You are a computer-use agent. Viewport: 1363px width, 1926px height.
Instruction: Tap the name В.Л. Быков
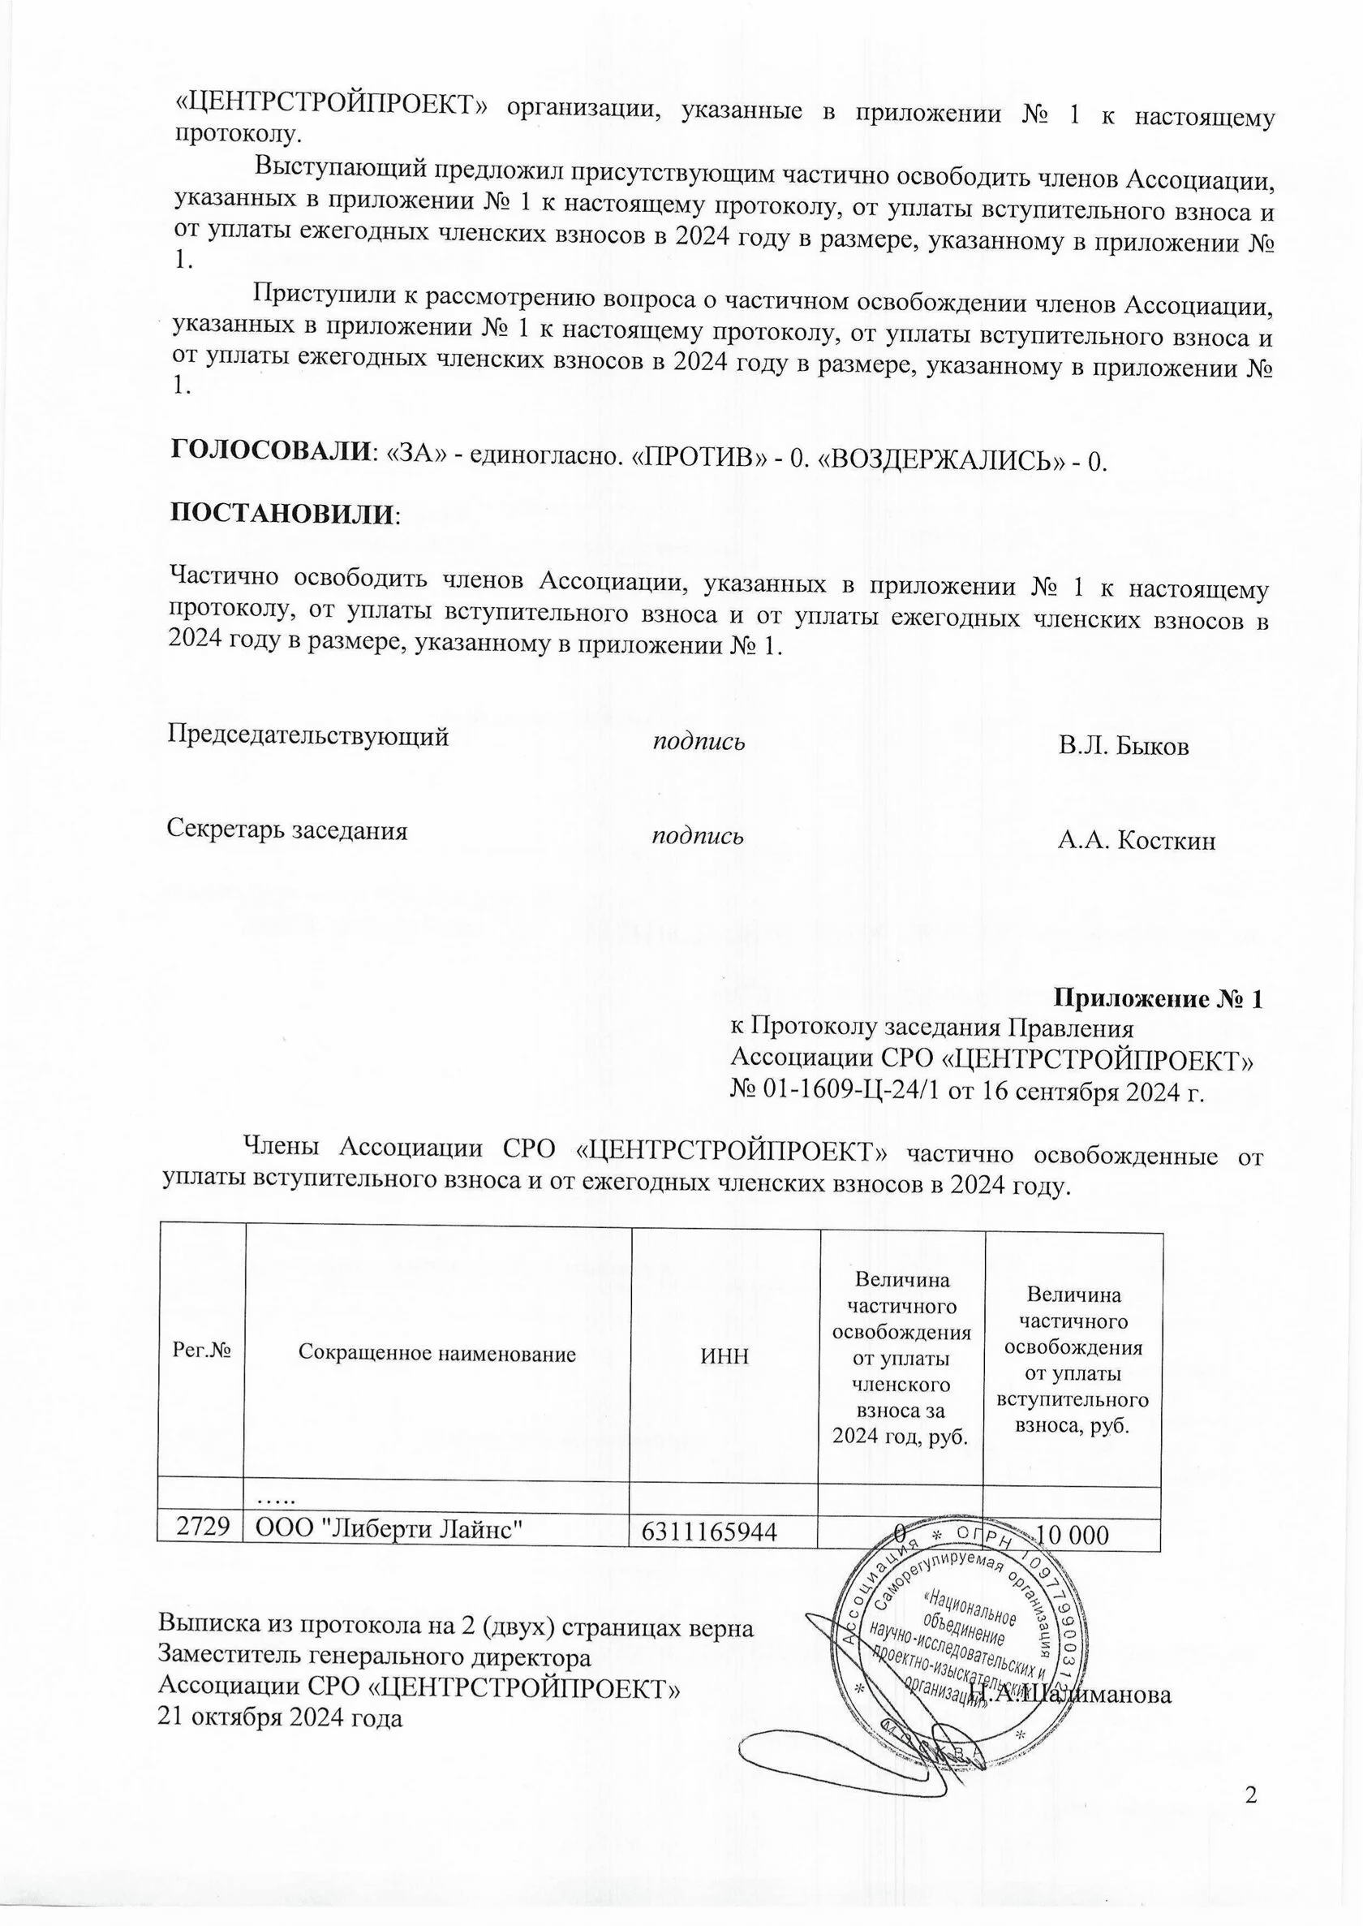click(1123, 747)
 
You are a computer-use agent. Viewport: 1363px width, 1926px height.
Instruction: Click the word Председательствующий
click(308, 736)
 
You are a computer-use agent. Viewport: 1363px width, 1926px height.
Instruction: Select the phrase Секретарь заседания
click(287, 829)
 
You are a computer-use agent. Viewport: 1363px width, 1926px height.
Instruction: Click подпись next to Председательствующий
click(699, 741)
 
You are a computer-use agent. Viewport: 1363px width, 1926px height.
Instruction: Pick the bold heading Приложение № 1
click(1158, 998)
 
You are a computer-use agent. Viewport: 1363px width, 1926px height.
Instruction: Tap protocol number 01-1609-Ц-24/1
click(843, 1092)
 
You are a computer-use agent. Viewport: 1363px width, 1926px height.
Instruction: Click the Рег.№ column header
click(201, 1351)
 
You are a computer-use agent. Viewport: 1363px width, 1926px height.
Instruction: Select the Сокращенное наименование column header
click(437, 1354)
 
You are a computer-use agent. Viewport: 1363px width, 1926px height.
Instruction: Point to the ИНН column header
click(724, 1355)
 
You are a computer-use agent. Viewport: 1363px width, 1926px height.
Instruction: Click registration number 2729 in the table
click(201, 1527)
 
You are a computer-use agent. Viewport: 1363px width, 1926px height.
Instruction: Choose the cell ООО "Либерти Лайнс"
click(389, 1529)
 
